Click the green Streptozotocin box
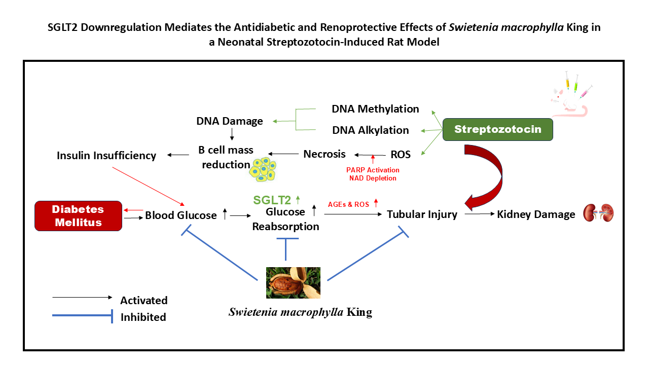497,129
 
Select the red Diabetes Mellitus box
79,216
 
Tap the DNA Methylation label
375,108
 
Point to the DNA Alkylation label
370,130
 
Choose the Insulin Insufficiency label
106,156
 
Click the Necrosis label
324,154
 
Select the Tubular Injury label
422,214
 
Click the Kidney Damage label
536,214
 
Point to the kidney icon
599,213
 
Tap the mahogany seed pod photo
293,282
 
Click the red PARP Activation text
373,170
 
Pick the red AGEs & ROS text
348,204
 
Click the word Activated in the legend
143,300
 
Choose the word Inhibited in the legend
143,317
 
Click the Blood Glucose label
181,215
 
